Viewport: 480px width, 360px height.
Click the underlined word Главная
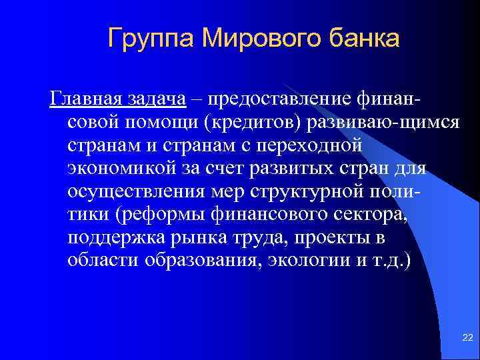[x=82, y=99]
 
